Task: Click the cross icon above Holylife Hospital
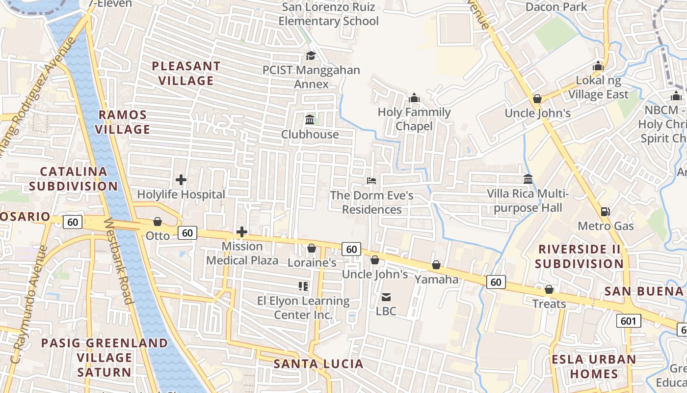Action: [x=181, y=180]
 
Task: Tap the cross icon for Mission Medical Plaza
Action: [x=242, y=232]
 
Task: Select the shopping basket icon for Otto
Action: [x=158, y=222]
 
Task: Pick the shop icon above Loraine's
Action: [x=311, y=249]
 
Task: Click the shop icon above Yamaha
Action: [x=436, y=265]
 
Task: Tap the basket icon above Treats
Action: [x=549, y=290]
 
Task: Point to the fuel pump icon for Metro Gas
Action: [x=606, y=212]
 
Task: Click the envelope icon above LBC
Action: [x=386, y=297]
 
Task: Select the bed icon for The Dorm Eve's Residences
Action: [x=371, y=181]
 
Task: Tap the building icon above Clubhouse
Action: [x=310, y=120]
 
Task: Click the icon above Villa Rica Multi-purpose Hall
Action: [x=528, y=179]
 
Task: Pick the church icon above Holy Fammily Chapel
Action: [x=414, y=98]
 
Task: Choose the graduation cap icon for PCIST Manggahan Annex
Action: [x=311, y=56]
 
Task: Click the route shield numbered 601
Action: [x=628, y=321]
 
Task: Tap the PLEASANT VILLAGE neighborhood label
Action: [x=186, y=73]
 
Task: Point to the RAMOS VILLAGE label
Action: [x=123, y=122]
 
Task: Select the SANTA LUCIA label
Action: [x=318, y=364]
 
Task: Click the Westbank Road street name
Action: [x=118, y=261]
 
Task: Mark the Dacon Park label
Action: [x=556, y=7]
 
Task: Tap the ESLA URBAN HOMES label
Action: [x=594, y=366]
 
